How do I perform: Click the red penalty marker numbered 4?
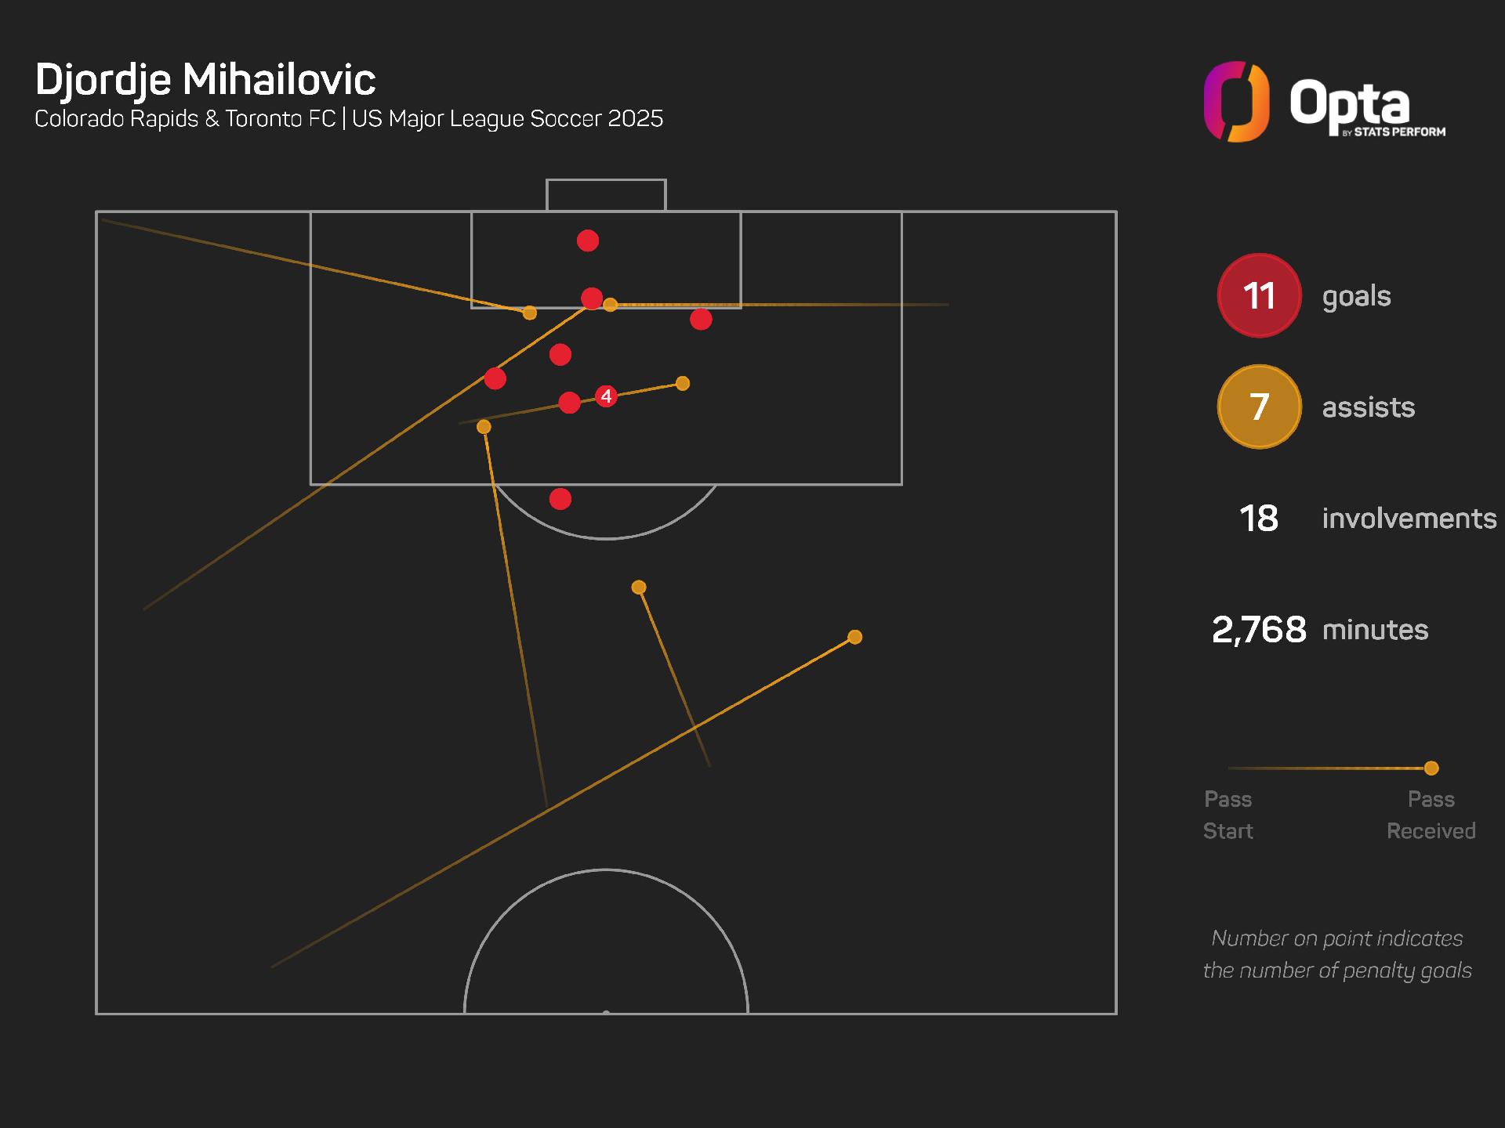(x=606, y=396)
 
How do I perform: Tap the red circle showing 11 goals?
(x=1259, y=295)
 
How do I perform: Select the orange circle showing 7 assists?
(x=1259, y=407)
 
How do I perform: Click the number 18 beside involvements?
(x=1258, y=519)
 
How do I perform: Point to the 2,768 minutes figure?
(x=1259, y=630)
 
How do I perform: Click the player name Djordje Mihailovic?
(x=205, y=79)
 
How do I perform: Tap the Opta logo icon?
(x=1236, y=102)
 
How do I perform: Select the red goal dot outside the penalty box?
(x=560, y=499)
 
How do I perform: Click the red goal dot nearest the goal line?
(x=588, y=240)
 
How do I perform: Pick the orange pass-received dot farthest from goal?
(x=855, y=637)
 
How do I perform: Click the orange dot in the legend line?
(x=1431, y=768)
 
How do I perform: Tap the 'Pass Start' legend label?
(x=1228, y=815)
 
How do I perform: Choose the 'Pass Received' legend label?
(x=1431, y=815)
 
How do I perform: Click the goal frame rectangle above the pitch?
(x=606, y=195)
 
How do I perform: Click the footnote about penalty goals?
(x=1337, y=954)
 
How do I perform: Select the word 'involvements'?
(x=1409, y=519)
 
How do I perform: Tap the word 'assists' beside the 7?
(x=1368, y=407)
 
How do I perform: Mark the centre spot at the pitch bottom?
(x=606, y=1013)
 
